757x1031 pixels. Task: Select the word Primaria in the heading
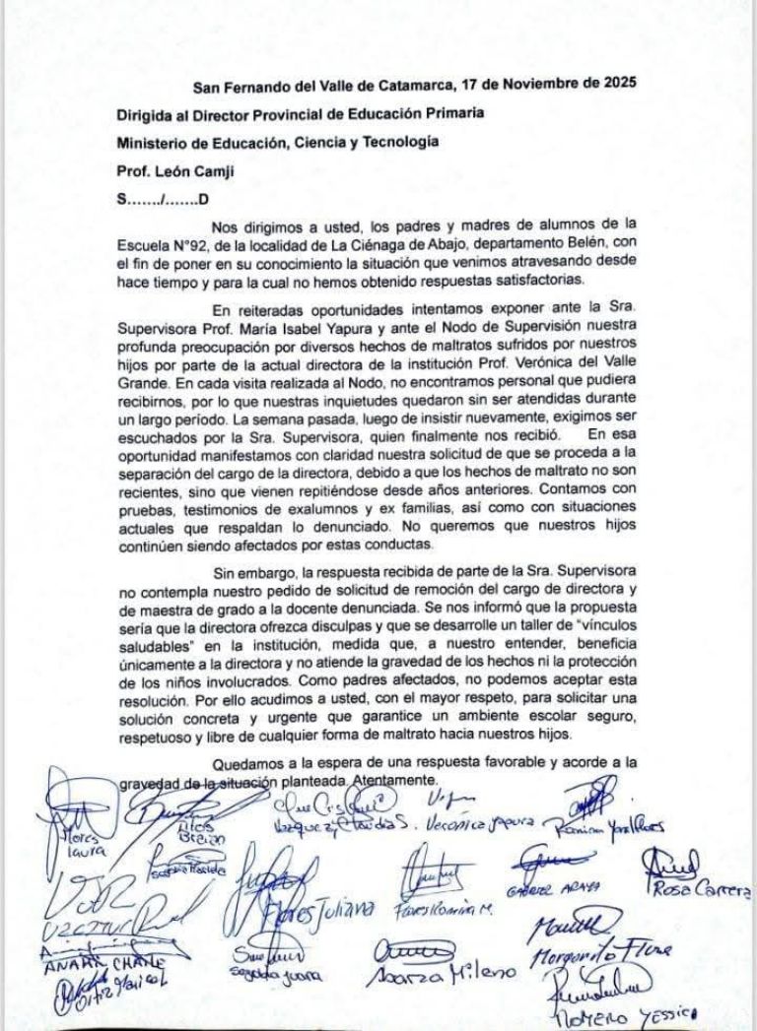pos(449,112)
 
